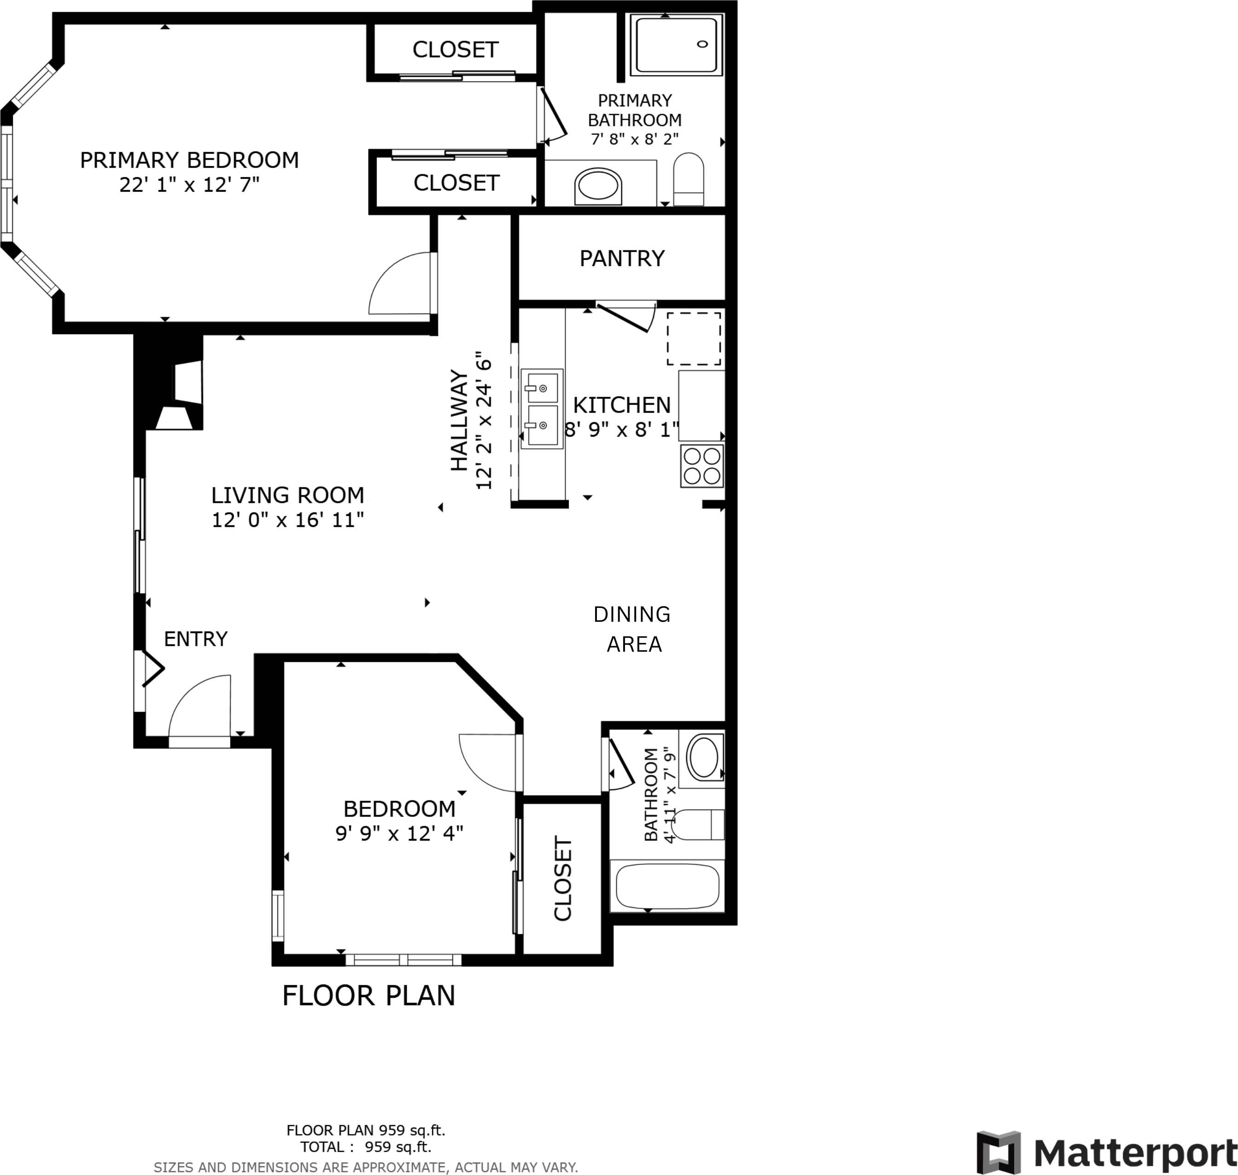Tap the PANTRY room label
(x=621, y=258)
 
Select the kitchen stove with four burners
(x=702, y=466)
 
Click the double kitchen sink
(x=542, y=408)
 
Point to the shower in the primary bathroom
(x=676, y=45)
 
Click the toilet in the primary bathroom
(x=688, y=179)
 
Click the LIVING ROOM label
(x=288, y=495)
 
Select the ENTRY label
(x=196, y=639)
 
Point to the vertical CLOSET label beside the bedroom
(x=563, y=878)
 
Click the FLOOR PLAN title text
(x=368, y=996)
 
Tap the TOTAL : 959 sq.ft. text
(x=366, y=1147)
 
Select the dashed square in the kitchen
(x=693, y=338)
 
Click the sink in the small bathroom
(x=703, y=758)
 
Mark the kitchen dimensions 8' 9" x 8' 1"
(x=621, y=430)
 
